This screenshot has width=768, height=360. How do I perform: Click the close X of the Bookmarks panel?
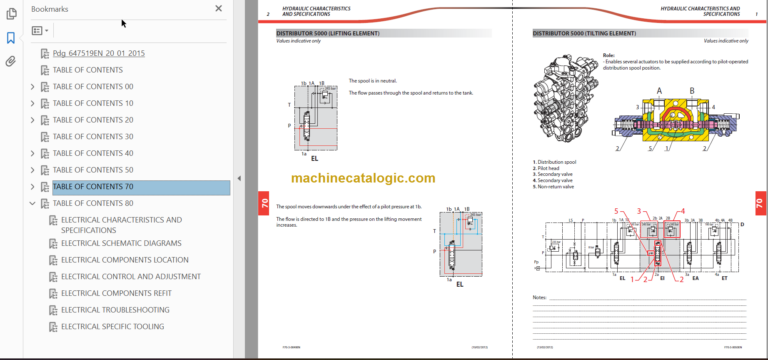(x=219, y=8)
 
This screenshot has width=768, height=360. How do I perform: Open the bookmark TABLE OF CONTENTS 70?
(x=93, y=187)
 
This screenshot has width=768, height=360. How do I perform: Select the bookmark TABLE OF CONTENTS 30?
(x=93, y=136)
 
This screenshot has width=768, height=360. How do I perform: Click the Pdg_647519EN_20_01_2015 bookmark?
(x=99, y=53)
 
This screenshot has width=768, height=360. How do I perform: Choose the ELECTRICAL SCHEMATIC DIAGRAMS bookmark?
(x=121, y=243)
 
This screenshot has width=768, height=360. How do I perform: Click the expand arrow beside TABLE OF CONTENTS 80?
(x=33, y=203)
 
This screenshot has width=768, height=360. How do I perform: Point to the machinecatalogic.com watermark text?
(x=364, y=178)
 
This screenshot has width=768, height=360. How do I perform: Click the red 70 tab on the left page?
(x=263, y=203)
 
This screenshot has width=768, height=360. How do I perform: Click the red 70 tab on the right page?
(x=758, y=203)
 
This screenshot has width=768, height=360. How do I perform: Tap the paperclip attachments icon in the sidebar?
(x=11, y=62)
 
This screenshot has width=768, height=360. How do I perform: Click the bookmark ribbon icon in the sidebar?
(x=11, y=38)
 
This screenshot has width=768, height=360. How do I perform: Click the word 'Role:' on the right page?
(x=609, y=55)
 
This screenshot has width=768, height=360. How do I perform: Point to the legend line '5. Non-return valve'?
(x=555, y=187)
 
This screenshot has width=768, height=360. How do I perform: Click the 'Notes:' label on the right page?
(x=540, y=297)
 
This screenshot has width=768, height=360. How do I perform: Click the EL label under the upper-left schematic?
(x=314, y=158)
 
